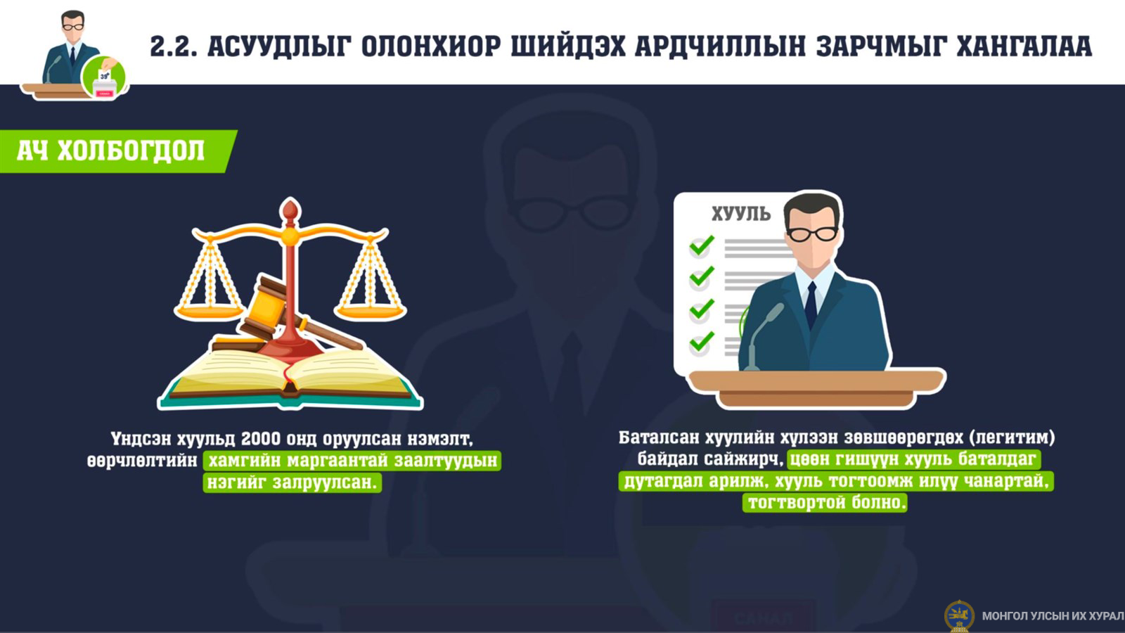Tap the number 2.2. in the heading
click(173, 46)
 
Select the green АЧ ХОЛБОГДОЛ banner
click(119, 151)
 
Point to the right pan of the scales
click(370, 312)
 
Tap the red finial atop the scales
click(290, 210)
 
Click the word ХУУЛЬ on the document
click(741, 214)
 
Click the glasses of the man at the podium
click(811, 234)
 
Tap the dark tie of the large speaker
click(811, 305)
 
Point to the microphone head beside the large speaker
click(773, 312)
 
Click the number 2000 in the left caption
click(261, 439)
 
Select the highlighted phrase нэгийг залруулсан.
click(292, 482)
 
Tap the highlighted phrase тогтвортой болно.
click(825, 502)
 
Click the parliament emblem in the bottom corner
click(959, 616)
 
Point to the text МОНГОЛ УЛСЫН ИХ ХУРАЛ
click(1053, 616)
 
